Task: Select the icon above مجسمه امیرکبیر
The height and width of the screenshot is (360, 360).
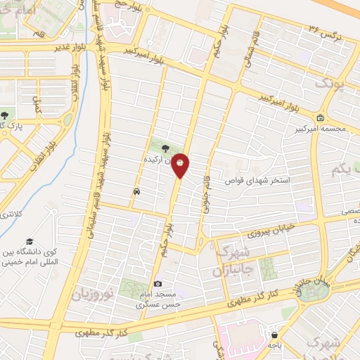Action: (321, 117)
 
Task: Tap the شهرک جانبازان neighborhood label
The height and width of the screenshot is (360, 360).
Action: (229, 262)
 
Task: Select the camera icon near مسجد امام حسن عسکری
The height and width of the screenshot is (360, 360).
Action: (158, 282)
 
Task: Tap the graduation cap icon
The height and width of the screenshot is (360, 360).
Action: (30, 242)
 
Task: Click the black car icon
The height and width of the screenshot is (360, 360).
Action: (134, 191)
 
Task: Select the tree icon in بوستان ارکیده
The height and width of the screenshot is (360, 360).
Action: (165, 148)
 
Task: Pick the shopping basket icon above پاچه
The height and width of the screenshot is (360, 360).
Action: (274, 335)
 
